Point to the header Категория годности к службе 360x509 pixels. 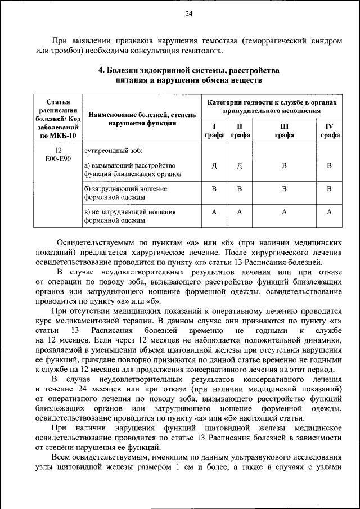(x=272, y=107)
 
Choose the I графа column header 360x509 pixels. (x=213, y=130)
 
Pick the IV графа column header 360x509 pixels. (x=330, y=130)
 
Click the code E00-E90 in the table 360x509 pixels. (x=58, y=159)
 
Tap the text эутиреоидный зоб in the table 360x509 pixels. (x=114, y=151)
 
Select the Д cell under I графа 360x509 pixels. (x=214, y=165)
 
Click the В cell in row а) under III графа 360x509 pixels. (x=284, y=165)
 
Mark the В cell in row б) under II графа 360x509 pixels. (x=240, y=189)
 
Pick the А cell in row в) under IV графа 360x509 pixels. (x=330, y=212)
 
